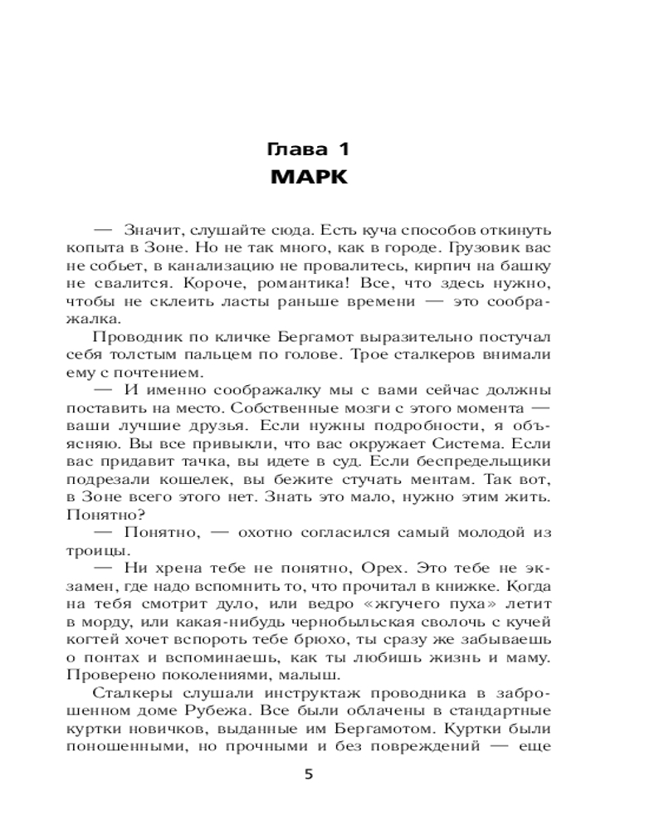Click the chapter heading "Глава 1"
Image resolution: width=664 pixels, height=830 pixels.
[x=307, y=150]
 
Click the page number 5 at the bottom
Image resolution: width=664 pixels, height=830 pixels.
[x=308, y=775]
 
